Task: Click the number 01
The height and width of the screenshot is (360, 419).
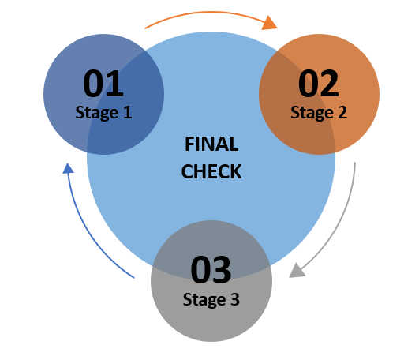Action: click(103, 84)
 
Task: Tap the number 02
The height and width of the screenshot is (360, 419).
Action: click(319, 84)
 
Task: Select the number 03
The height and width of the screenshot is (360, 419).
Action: click(211, 270)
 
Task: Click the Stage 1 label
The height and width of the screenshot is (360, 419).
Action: click(103, 113)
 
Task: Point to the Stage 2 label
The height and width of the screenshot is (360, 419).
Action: click(319, 113)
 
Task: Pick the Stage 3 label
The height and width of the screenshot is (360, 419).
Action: click(211, 299)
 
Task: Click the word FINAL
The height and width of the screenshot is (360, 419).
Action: click(211, 144)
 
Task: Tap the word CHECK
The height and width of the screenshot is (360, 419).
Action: click(211, 171)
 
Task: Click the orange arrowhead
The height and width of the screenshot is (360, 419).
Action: click(270, 23)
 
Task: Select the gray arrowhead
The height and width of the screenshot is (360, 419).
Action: click(297, 272)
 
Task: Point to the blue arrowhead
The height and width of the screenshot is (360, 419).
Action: click(68, 168)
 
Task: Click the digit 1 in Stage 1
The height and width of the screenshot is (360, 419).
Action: click(128, 112)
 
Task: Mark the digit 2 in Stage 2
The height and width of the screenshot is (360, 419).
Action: click(342, 112)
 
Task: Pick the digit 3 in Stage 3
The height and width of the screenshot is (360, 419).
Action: click(235, 299)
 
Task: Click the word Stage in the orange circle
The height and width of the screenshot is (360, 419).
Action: click(312, 113)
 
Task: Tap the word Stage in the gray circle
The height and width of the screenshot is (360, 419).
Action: click(204, 300)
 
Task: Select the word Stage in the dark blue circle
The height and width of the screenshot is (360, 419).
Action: click(97, 113)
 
